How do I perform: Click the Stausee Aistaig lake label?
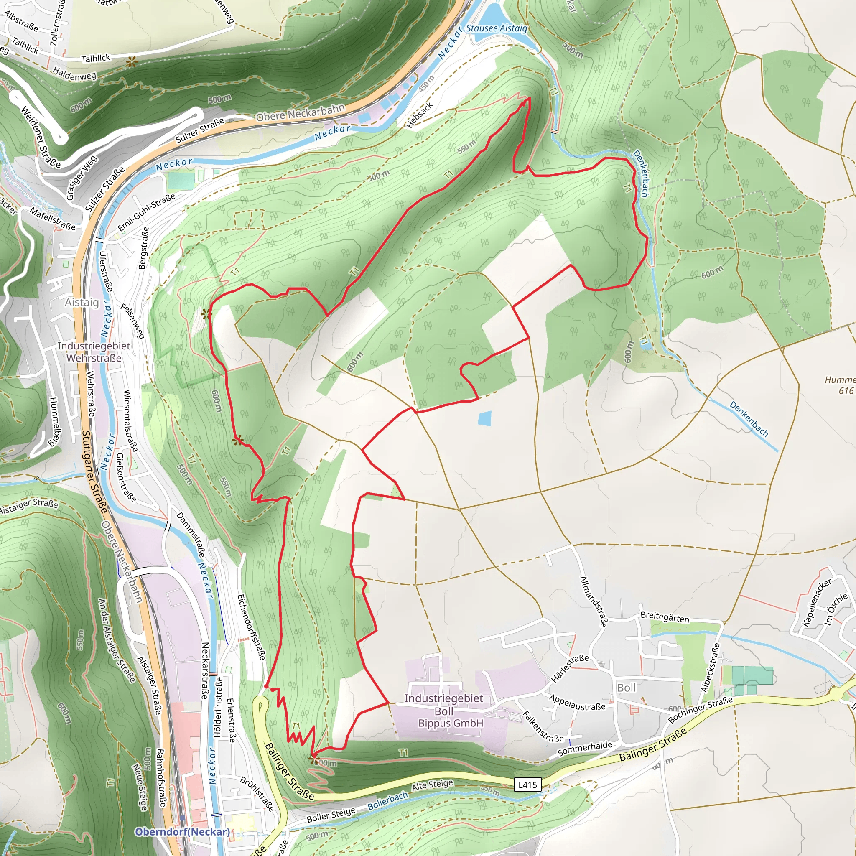click(x=496, y=28)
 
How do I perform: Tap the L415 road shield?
click(x=527, y=785)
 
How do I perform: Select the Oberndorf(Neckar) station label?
click(x=182, y=832)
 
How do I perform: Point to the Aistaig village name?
click(x=82, y=302)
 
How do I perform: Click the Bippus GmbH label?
click(x=451, y=723)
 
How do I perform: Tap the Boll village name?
click(x=627, y=688)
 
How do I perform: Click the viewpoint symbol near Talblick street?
click(x=131, y=62)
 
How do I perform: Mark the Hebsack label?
click(x=420, y=115)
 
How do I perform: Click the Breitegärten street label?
click(x=665, y=618)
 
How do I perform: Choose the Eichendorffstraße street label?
click(x=251, y=627)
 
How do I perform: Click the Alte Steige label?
click(x=433, y=785)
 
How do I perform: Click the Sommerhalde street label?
click(x=585, y=749)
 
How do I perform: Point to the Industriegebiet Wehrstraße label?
click(x=94, y=352)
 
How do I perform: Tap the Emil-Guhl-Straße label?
click(x=146, y=212)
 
